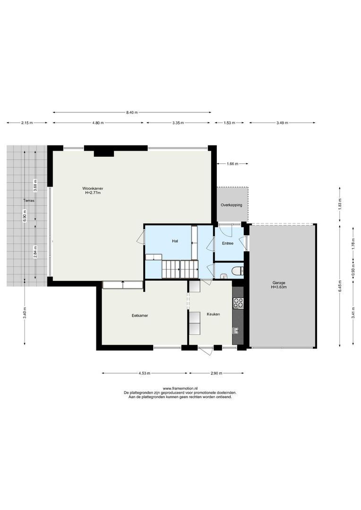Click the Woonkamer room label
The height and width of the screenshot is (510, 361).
pyautogui.click(x=94, y=190)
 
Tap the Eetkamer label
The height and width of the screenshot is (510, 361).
pyautogui.click(x=140, y=315)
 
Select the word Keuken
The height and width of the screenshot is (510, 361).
pyautogui.click(x=213, y=314)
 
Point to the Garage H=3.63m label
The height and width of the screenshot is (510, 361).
pyautogui.click(x=278, y=284)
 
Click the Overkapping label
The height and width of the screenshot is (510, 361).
pyautogui.click(x=231, y=205)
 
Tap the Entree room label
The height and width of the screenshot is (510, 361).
pyautogui.click(x=228, y=243)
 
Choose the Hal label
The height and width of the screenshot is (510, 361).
pyautogui.click(x=175, y=241)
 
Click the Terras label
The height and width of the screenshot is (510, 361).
pyautogui.click(x=30, y=201)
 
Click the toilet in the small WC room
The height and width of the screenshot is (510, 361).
pyautogui.click(x=236, y=271)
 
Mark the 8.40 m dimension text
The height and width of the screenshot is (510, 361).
pyautogui.click(x=131, y=112)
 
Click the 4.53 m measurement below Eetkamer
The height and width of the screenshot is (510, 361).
pyautogui.click(x=144, y=373)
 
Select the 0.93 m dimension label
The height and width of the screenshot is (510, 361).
pyautogui.click(x=352, y=273)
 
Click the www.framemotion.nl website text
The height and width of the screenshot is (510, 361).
pyautogui.click(x=180, y=388)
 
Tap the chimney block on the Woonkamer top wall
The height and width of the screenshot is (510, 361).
pyautogui.click(x=103, y=152)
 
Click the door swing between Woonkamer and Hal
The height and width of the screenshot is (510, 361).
pyautogui.click(x=140, y=238)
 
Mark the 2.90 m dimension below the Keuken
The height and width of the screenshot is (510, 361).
pyautogui.click(x=216, y=373)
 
